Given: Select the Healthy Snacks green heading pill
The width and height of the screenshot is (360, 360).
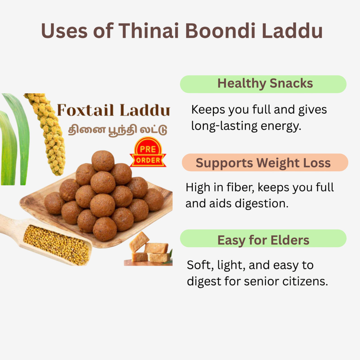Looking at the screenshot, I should (x=263, y=84).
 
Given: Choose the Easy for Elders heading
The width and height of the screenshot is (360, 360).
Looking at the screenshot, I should (x=263, y=240).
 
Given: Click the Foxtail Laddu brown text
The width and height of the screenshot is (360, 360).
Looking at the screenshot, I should (x=113, y=110).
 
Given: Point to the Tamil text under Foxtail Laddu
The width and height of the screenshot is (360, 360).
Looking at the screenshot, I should (x=118, y=130).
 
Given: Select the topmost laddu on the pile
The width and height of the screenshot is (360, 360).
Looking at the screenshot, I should (x=103, y=161).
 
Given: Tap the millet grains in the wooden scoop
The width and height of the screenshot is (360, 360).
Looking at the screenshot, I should (x=56, y=245).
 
